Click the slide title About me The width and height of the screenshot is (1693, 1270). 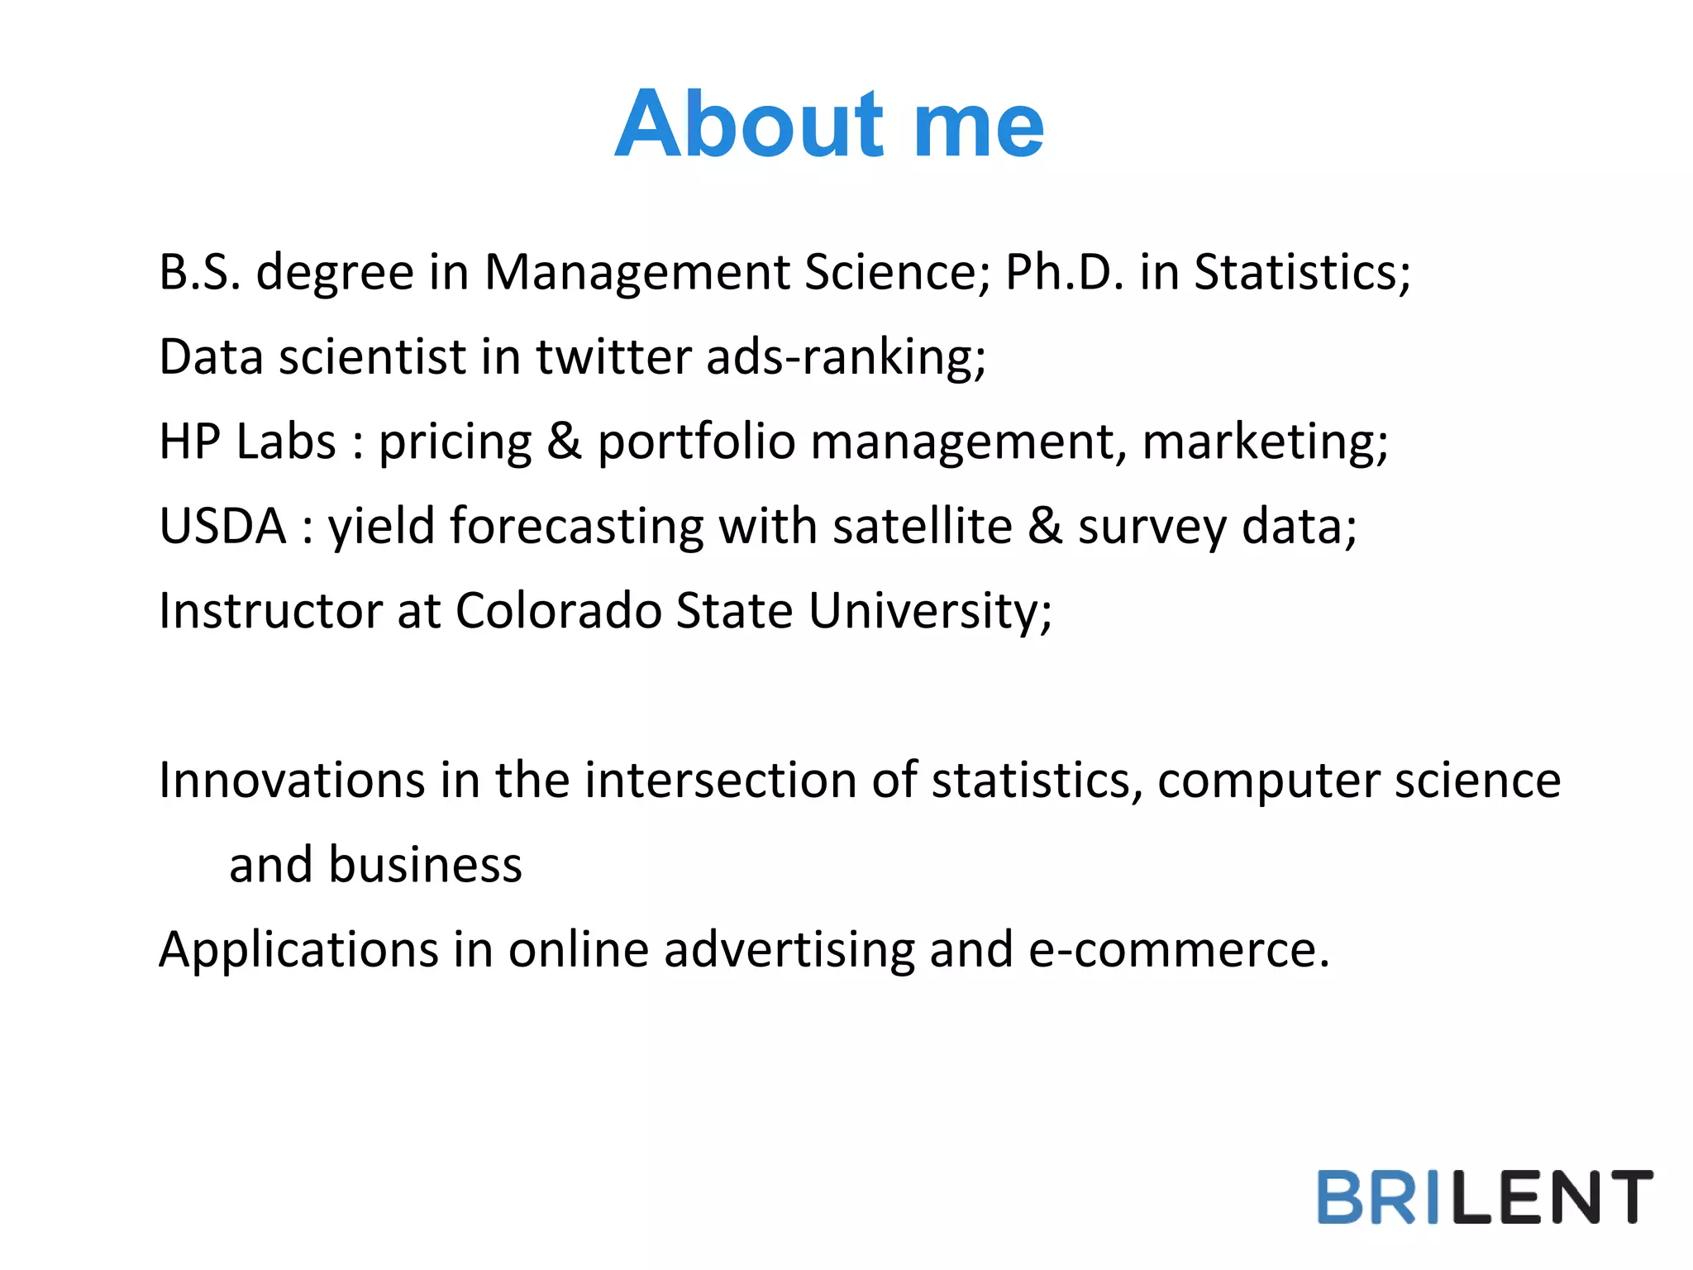(x=829, y=124)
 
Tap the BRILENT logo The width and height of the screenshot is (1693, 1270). (x=1484, y=1196)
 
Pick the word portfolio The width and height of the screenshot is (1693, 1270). (x=695, y=442)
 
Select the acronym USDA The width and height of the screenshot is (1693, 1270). (x=222, y=526)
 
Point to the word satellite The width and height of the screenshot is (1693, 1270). (x=922, y=526)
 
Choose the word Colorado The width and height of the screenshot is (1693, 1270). (x=559, y=611)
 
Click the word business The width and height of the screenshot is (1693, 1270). (x=425, y=865)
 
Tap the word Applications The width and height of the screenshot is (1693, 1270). (x=298, y=950)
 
